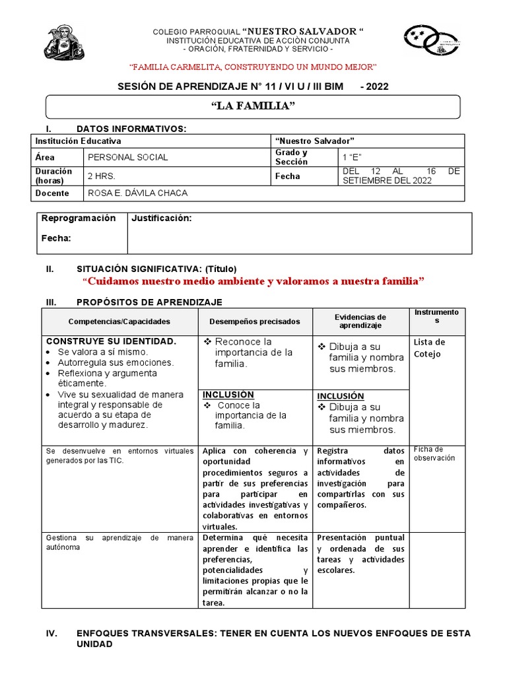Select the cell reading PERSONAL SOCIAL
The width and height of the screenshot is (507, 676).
pyautogui.click(x=127, y=157)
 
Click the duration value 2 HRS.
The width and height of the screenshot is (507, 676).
pyautogui.click(x=100, y=176)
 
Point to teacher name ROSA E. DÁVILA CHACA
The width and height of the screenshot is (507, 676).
pyautogui.click(x=137, y=193)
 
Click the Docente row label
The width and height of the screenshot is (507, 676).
pyautogui.click(x=53, y=193)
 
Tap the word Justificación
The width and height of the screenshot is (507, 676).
pyautogui.click(x=162, y=219)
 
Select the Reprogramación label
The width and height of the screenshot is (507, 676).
pyautogui.click(x=79, y=219)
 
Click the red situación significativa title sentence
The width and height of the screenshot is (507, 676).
pyautogui.click(x=253, y=281)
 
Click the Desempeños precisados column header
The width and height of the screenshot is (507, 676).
pyautogui.click(x=254, y=321)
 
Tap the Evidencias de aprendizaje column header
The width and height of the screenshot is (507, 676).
pyautogui.click(x=360, y=321)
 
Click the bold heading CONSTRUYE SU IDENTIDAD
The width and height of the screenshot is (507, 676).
pyautogui.click(x=111, y=341)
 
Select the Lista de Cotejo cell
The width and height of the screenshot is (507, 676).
pyautogui.click(x=430, y=348)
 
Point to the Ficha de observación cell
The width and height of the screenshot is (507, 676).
pyautogui.click(x=434, y=454)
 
